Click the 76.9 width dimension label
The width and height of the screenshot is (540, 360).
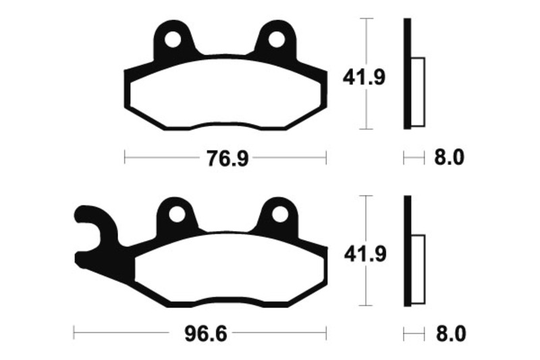pyautogui.click(x=225, y=159)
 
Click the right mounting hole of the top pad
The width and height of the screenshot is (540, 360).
pyautogui.click(x=277, y=40)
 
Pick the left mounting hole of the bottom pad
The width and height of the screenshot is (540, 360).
pyautogui.click(x=175, y=215)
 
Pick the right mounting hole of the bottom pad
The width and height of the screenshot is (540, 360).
pyautogui.click(x=279, y=215)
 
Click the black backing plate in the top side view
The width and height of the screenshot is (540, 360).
pyautogui.click(x=407, y=74)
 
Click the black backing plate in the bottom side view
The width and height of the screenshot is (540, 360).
pyautogui.click(x=407, y=251)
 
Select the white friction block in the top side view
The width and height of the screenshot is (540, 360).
pyautogui.click(x=418, y=92)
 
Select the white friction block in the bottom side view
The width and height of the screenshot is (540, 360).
pyautogui.click(x=418, y=269)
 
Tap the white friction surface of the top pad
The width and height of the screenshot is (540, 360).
pyautogui.click(x=225, y=95)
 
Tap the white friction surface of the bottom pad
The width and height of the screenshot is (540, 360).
pyautogui.click(x=230, y=270)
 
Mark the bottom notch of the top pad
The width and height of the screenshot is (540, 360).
pyautogui.click(x=225, y=126)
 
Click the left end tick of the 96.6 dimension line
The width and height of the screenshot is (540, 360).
pyautogui.click(x=74, y=334)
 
